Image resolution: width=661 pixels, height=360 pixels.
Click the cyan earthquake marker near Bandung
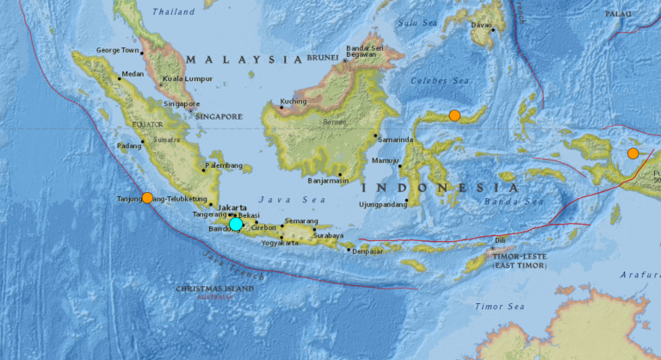click(236, 223)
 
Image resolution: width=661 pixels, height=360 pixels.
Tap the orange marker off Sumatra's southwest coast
click(147, 198)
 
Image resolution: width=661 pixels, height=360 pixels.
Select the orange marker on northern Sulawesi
click(454, 115)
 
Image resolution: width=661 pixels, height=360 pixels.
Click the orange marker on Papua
click(633, 153)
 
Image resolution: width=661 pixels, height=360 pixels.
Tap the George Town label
click(117, 50)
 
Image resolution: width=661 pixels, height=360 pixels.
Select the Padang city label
click(128, 146)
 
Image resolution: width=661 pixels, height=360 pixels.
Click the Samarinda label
click(395, 140)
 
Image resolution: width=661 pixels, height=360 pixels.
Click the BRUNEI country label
click(324, 59)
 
